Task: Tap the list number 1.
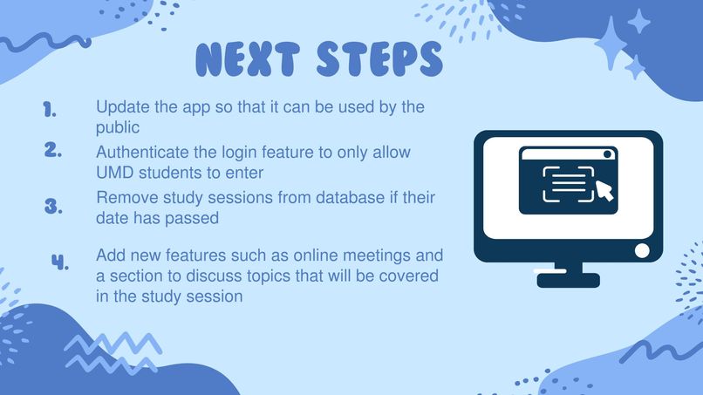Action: [50, 110]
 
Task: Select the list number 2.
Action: [52, 149]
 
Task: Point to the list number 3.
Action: [53, 207]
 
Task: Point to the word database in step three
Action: [333, 198]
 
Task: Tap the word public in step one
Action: [118, 128]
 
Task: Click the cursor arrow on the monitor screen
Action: [604, 189]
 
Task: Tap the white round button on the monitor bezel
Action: [642, 251]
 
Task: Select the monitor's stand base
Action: [568, 280]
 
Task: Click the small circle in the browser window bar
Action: [609, 154]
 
